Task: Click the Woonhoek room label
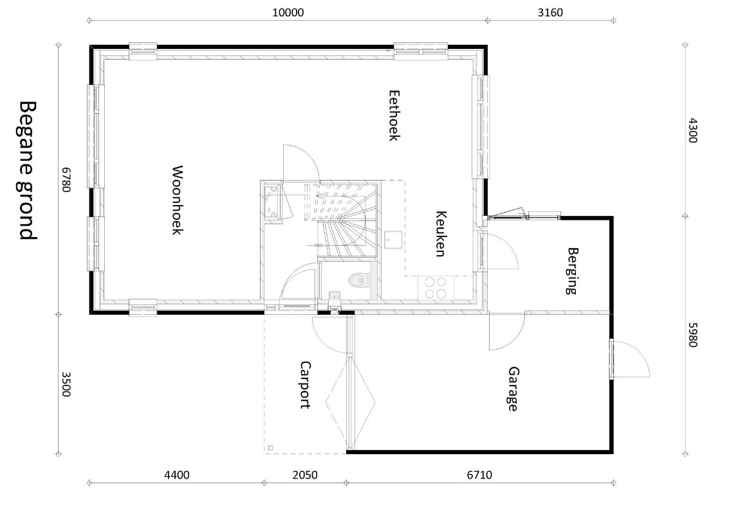click(x=177, y=200)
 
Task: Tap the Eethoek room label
click(x=394, y=115)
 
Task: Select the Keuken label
click(x=441, y=234)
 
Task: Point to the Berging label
click(x=572, y=271)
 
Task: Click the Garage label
click(x=513, y=389)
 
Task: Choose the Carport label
click(x=305, y=385)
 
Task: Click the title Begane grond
click(x=28, y=170)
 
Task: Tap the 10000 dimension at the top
click(x=288, y=13)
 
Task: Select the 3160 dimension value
click(x=550, y=13)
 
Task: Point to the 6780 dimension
click(x=66, y=180)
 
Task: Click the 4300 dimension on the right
click(x=693, y=131)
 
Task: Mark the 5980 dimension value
click(x=693, y=335)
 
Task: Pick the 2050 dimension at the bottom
click(x=305, y=475)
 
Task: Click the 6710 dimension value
click(x=479, y=475)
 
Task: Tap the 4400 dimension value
click(x=177, y=475)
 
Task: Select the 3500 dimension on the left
click(x=66, y=384)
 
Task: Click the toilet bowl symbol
click(x=358, y=280)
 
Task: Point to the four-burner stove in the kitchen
click(x=435, y=288)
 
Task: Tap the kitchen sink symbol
click(x=393, y=240)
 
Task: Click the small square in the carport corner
click(x=271, y=448)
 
